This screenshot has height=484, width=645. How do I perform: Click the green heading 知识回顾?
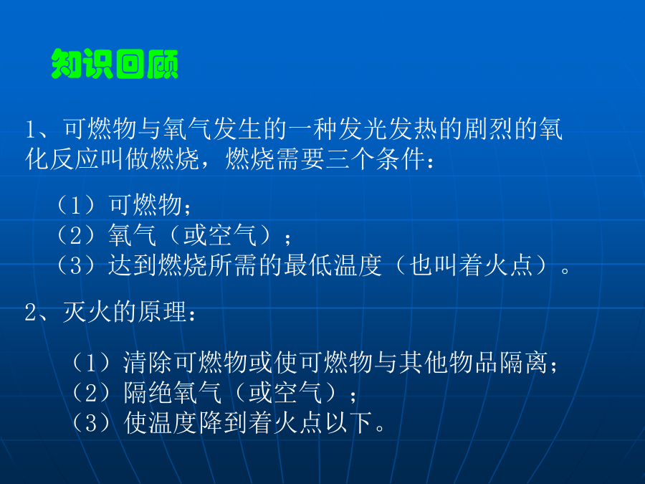point(115,64)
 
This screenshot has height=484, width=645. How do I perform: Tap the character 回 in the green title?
point(130,64)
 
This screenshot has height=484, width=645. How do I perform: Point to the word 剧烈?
point(488,128)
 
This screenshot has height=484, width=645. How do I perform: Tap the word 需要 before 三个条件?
point(300,159)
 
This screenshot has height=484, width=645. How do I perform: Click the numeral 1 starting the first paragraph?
point(31,129)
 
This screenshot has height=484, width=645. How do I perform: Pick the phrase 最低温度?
point(333,265)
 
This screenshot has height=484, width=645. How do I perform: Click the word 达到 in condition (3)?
point(133,265)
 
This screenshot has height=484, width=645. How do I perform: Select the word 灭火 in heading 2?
point(87,312)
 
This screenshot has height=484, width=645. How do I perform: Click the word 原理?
point(162,312)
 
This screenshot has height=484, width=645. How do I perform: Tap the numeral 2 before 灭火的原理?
point(30,313)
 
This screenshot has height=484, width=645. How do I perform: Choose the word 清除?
point(148,363)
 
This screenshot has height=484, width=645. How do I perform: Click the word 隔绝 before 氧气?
point(148,392)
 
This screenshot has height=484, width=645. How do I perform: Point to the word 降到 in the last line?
point(223,422)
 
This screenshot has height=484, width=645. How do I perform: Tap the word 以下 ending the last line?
point(349,422)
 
